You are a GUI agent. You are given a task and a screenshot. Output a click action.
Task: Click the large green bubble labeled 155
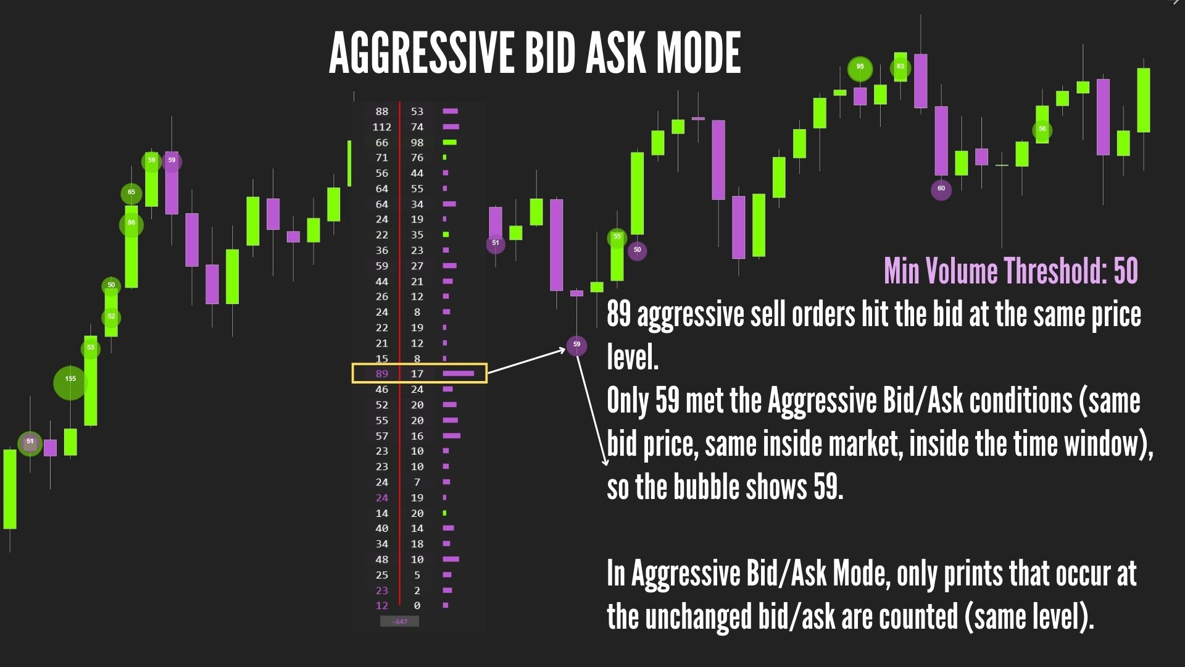click(x=70, y=383)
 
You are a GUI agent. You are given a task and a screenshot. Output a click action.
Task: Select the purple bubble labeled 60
click(x=941, y=189)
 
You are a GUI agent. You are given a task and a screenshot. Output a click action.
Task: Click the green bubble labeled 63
click(x=900, y=67)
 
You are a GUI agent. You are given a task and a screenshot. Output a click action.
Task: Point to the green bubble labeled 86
click(x=131, y=224)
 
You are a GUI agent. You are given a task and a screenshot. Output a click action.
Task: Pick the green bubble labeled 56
click(x=1042, y=130)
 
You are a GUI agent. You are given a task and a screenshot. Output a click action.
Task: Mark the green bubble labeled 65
click(x=131, y=193)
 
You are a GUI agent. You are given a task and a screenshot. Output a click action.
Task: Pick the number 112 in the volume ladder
click(x=381, y=127)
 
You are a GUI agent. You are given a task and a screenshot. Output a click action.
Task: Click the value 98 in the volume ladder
click(x=417, y=143)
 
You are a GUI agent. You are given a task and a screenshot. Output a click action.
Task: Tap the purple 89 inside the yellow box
click(x=382, y=374)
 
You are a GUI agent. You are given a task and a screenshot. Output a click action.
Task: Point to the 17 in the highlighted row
click(x=417, y=374)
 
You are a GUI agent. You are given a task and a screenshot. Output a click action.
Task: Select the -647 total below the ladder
click(x=399, y=621)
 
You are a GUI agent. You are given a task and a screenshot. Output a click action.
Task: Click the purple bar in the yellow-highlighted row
click(x=459, y=374)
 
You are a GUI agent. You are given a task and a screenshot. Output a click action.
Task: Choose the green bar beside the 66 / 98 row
click(x=450, y=143)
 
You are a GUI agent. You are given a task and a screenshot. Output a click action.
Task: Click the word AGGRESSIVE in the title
click(x=422, y=53)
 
